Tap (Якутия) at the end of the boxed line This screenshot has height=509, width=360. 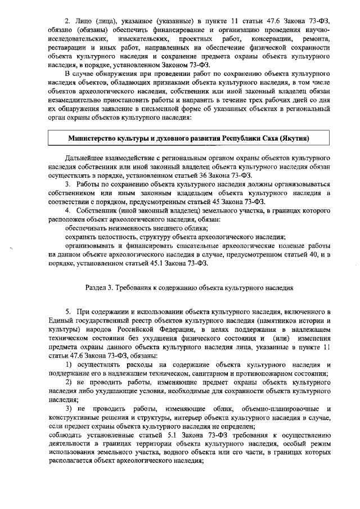tap(293, 137)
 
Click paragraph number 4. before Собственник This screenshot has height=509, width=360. tap(68, 210)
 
